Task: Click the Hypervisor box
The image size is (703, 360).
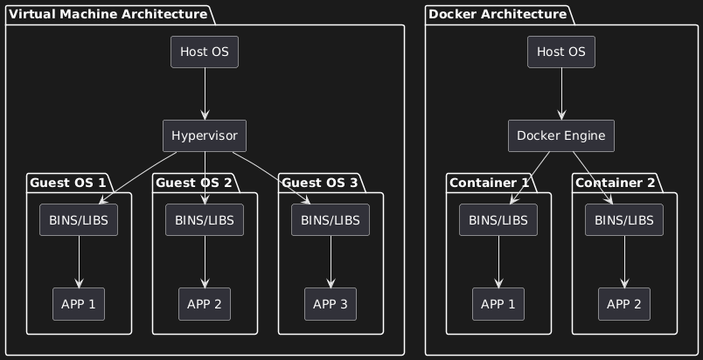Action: coord(205,136)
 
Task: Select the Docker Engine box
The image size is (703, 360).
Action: coord(561,136)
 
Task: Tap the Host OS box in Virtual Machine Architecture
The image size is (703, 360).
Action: coord(205,52)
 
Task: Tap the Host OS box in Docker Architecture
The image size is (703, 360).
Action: coord(561,52)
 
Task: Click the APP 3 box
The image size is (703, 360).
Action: coord(331,303)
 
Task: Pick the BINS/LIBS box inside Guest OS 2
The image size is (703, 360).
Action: coord(205,220)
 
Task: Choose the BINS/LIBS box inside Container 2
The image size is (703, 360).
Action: coord(624,220)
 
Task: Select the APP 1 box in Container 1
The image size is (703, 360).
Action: coord(498,303)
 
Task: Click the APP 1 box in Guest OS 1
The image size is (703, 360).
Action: coord(79,303)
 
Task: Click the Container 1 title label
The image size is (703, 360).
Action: coord(489,183)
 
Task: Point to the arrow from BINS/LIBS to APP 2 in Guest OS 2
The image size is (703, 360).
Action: coord(205,261)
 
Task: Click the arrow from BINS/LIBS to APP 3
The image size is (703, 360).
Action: coord(331,261)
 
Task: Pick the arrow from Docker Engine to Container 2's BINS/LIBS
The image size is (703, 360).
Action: coord(593,178)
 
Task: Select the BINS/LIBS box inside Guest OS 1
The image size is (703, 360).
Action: coord(79,220)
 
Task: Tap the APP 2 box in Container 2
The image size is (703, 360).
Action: coord(624,303)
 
